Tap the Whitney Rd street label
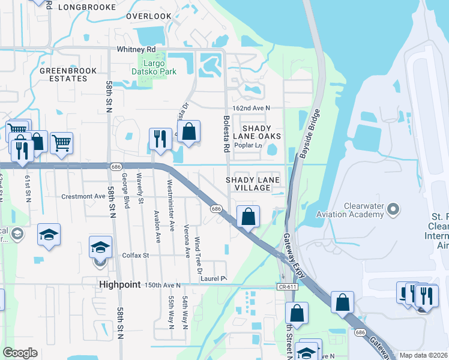(x=136, y=49)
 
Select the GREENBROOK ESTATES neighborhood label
(x=64, y=74)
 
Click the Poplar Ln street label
(x=249, y=146)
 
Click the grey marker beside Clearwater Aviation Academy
(x=393, y=209)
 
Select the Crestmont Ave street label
(x=83, y=196)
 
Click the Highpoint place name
(x=119, y=284)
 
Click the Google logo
(x=20, y=353)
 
